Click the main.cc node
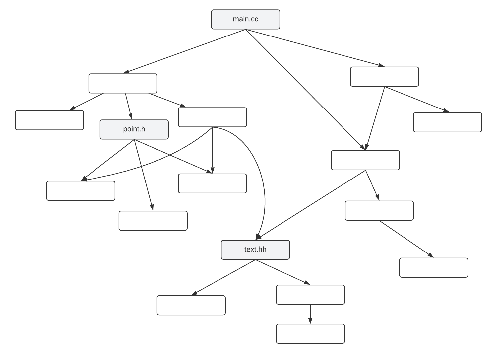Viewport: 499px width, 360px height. click(x=245, y=19)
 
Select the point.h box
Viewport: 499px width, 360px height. click(x=134, y=129)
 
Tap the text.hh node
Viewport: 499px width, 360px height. click(x=255, y=250)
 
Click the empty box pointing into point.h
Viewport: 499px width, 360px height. click(x=123, y=83)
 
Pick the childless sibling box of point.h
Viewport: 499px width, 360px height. click(x=49, y=120)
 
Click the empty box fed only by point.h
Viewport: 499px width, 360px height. click(x=153, y=221)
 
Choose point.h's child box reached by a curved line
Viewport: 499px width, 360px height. click(x=81, y=191)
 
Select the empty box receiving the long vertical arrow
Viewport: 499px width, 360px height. click(x=212, y=183)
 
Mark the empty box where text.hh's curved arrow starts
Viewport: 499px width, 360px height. click(x=212, y=117)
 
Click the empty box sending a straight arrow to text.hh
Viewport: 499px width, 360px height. click(x=365, y=160)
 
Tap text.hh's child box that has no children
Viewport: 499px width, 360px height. click(x=191, y=305)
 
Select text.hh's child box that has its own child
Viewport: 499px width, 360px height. click(x=310, y=295)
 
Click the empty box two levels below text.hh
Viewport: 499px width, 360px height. click(x=310, y=334)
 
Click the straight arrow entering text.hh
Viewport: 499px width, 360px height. click(x=310, y=205)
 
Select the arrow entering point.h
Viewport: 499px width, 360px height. click(x=129, y=106)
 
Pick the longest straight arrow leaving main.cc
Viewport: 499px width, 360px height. click(x=305, y=90)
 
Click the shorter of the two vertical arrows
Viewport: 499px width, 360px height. click(x=310, y=314)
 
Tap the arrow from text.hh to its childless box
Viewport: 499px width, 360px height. click(x=223, y=277)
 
